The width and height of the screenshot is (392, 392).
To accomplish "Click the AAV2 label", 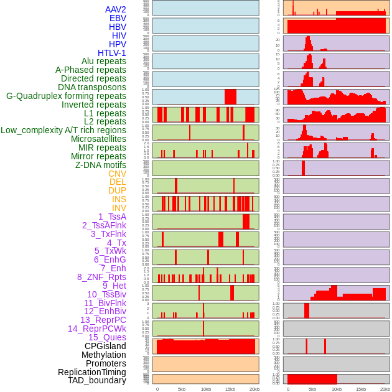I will pos(116,9).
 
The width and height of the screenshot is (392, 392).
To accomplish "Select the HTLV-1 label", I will pos(112,53).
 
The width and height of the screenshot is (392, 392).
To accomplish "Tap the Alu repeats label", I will pos(104,61).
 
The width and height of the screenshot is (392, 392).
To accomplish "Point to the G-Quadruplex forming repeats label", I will pos(66,96).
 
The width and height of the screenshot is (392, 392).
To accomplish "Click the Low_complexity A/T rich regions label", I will pos(63,130).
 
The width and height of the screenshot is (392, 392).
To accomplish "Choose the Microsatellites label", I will pos(98,139).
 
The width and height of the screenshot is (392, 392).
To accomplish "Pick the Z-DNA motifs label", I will pos(101,165).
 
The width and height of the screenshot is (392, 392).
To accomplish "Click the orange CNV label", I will pos(117,174).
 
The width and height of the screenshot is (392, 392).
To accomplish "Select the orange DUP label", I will pos(117,190).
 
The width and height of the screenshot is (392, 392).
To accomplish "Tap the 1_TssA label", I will pos(112,217).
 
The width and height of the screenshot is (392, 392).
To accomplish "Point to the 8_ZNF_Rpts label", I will pos(101,277).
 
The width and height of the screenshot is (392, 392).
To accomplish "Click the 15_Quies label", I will pos(107,337).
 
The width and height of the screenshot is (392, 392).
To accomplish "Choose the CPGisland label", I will pos(105,346).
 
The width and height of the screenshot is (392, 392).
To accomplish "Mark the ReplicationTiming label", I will pos(92,372).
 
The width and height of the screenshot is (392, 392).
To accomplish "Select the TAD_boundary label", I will pos(97,380).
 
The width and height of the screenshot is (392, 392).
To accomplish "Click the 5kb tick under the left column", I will pos(182,389).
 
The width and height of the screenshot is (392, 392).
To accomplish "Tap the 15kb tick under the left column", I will pos(230,389).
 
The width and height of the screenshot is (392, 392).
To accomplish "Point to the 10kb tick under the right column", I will pos(337,389).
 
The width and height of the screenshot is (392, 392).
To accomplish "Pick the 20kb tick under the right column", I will pos(385,389).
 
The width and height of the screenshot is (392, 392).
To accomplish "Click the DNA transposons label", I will pos(92,87).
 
